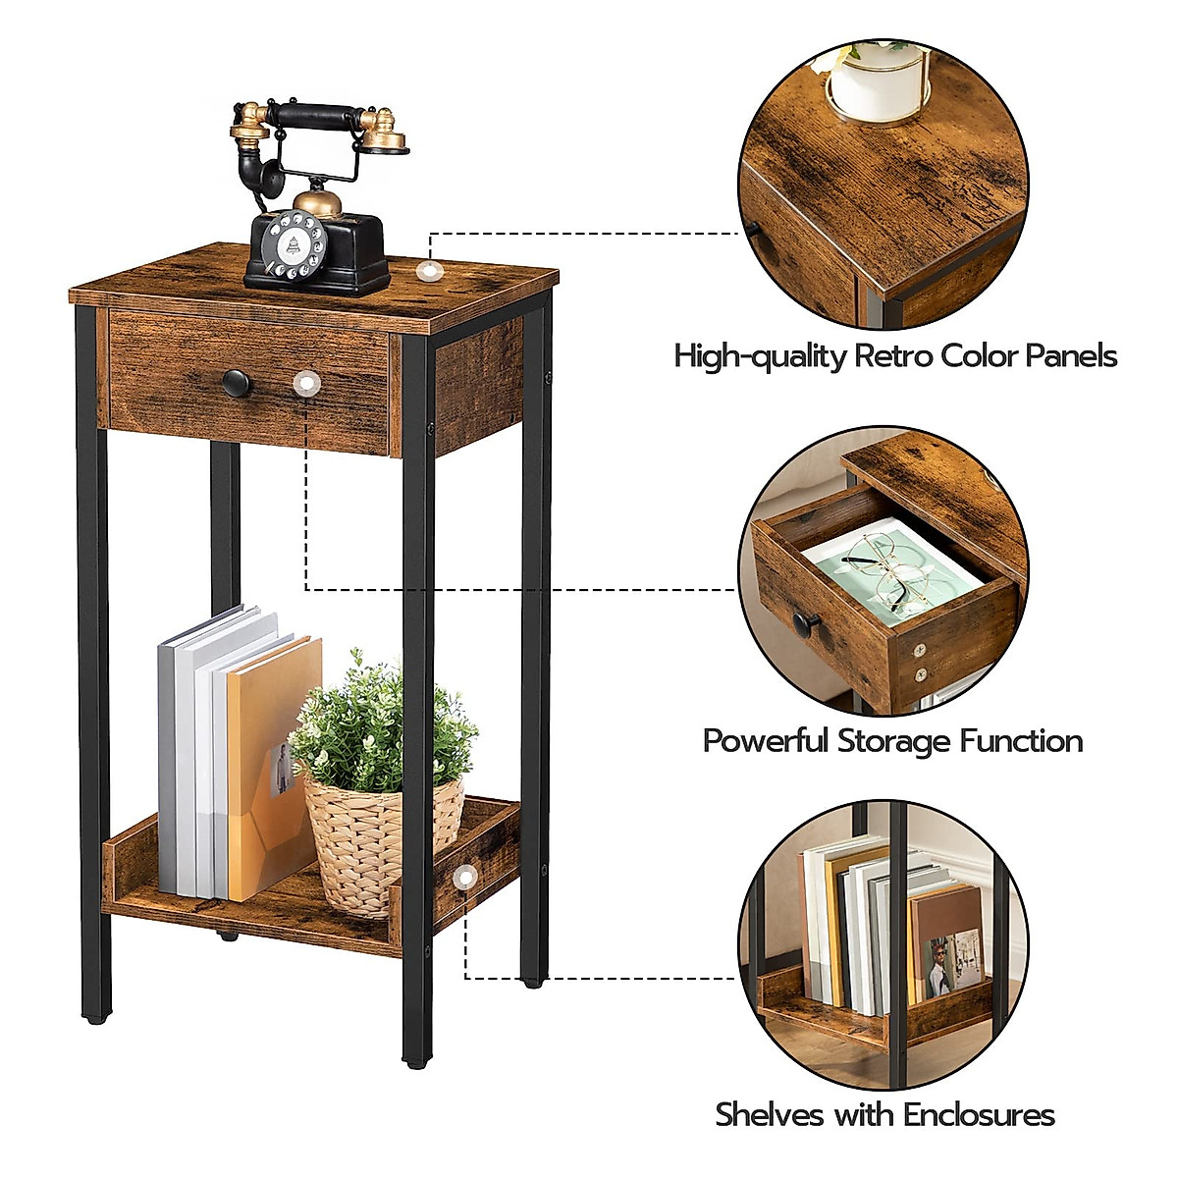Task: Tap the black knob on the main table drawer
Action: (236, 382)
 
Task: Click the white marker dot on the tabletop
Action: (427, 271)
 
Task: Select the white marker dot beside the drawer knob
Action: (307, 382)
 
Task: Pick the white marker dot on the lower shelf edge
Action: (465, 875)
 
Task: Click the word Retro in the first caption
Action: (894, 355)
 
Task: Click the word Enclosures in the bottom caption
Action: (979, 1115)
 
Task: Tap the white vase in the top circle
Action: (877, 83)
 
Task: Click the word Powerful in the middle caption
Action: (765, 740)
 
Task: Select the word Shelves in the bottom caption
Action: (769, 1115)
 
